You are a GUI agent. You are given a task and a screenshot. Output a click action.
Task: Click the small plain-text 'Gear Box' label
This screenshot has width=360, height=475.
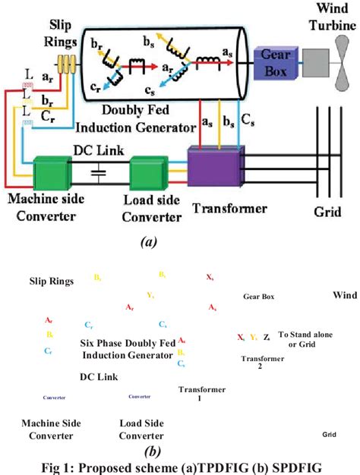tap(258, 297)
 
